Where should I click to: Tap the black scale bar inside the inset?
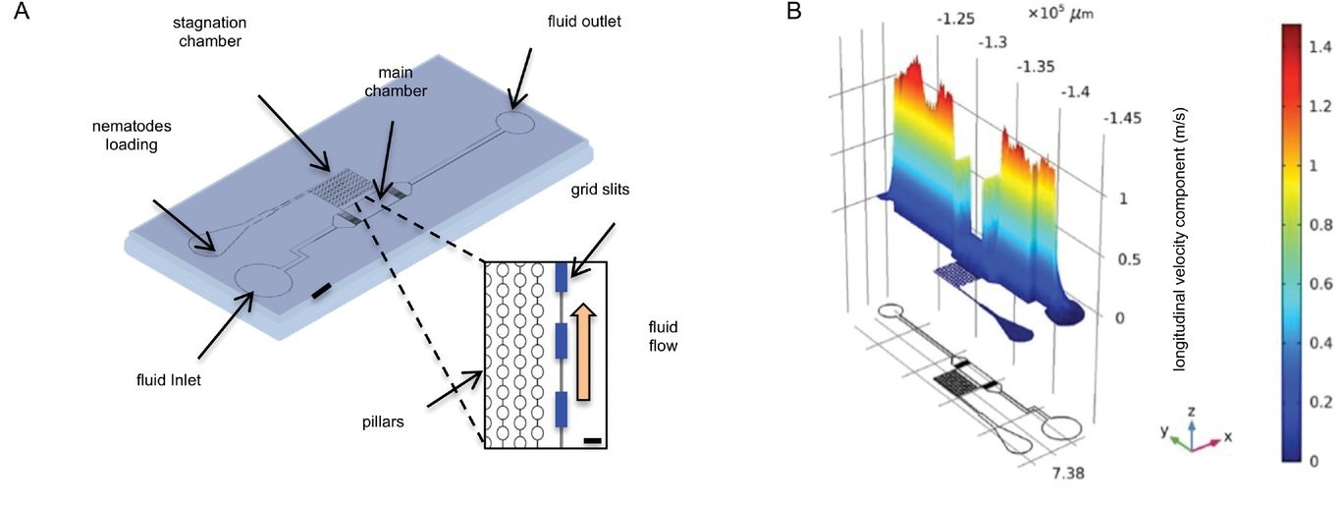(x=591, y=441)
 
